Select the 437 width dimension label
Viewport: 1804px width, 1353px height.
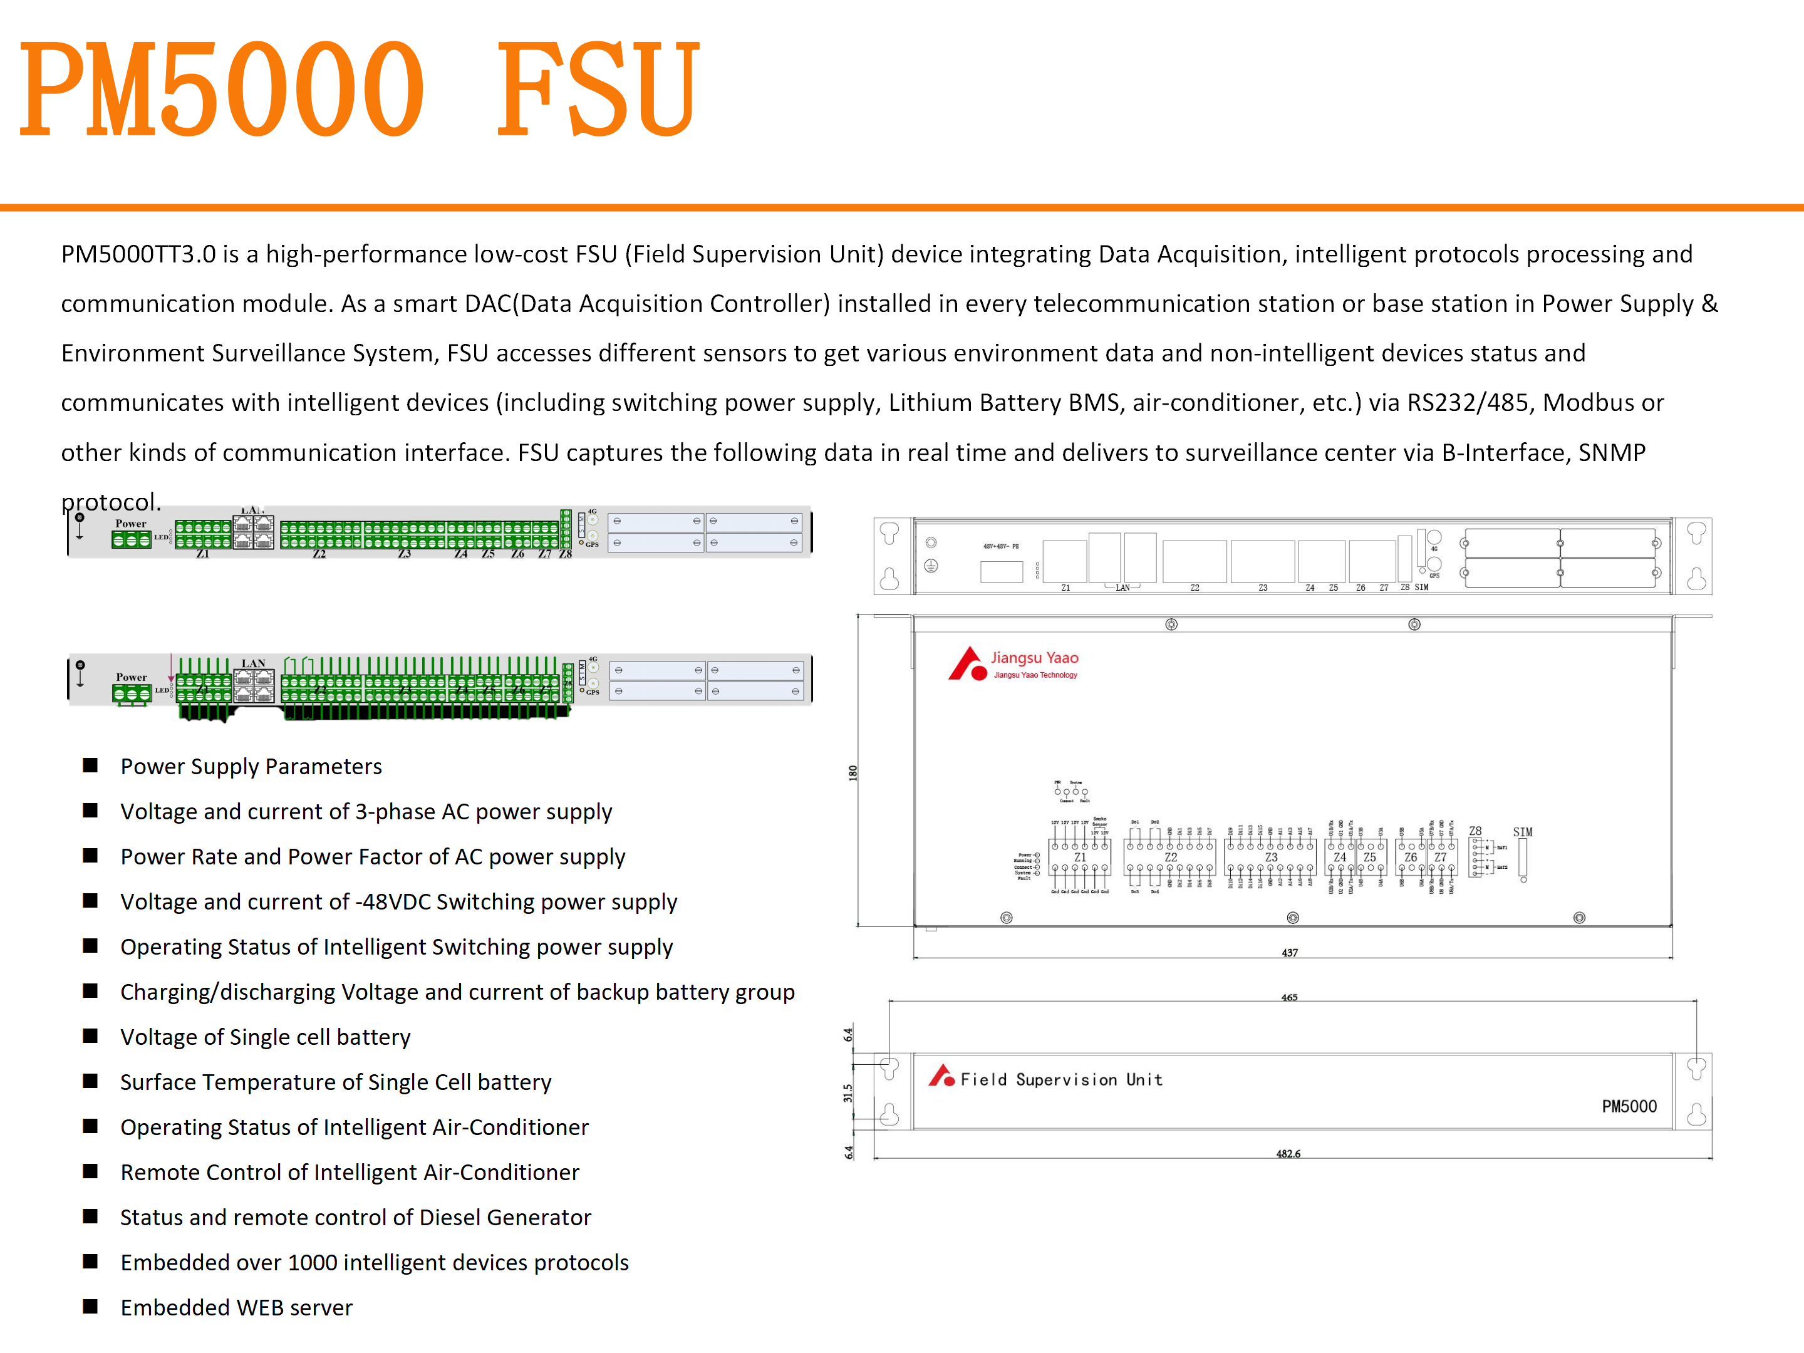pos(1289,953)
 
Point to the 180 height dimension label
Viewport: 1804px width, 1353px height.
pos(853,772)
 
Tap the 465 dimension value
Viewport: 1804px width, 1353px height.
pos(1288,997)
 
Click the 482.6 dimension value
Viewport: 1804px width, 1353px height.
pos(1288,1153)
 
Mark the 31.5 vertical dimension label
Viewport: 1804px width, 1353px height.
pos(848,1093)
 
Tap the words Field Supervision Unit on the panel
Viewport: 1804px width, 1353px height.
pos(1061,1080)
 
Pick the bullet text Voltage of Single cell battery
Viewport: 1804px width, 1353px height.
pos(265,1037)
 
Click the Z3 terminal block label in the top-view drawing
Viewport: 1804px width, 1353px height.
pos(1270,857)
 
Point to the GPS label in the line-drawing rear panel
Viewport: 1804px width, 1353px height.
pos(1434,576)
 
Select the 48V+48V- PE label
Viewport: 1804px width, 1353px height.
pos(1001,546)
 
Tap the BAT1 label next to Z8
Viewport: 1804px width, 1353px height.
pos(1501,848)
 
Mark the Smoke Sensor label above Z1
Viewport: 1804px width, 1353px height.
pos(1099,822)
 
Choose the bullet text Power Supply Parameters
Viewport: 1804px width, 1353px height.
pos(251,767)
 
